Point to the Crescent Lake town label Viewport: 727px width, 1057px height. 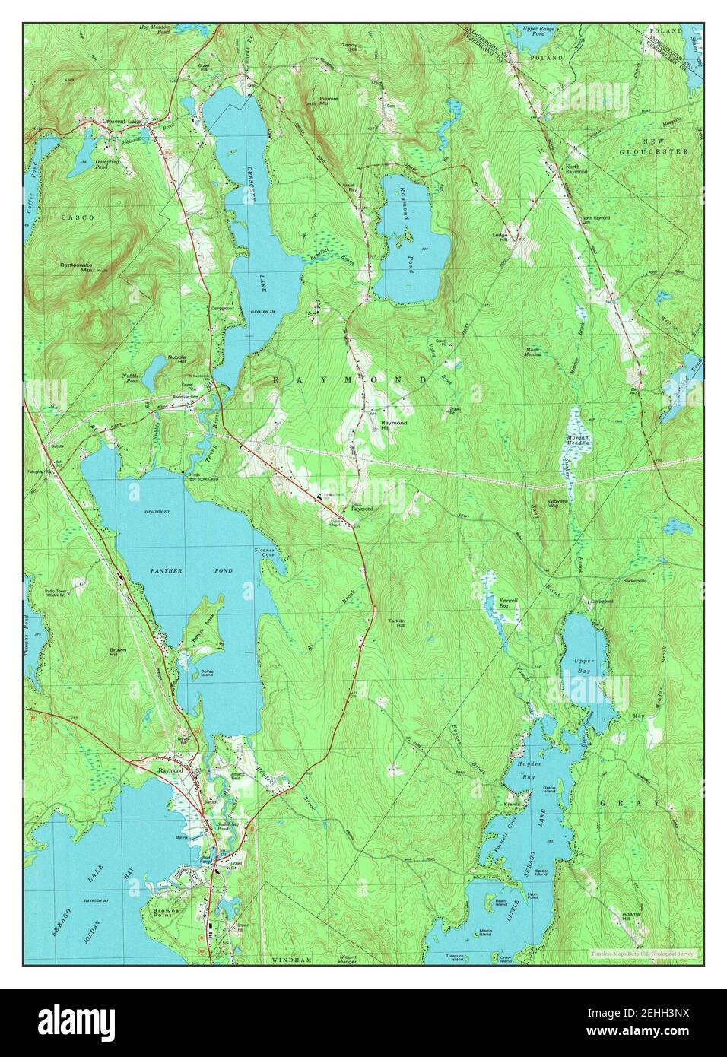122,122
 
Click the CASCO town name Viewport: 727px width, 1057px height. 78,217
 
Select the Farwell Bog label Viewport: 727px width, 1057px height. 508,604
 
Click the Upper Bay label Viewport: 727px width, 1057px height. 584,667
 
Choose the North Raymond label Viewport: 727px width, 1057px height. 576,169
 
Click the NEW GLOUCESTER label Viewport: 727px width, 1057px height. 665,147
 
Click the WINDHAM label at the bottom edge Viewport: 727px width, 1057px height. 292,960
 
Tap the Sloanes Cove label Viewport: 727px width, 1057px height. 265,553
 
